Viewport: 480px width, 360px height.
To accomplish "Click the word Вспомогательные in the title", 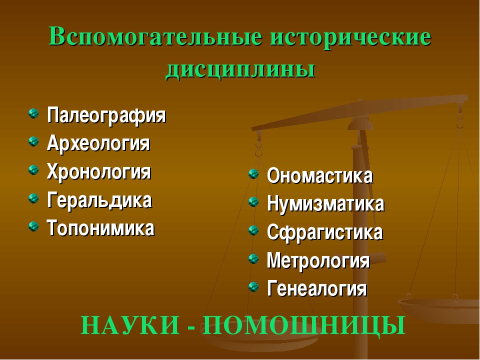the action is (x=155, y=36).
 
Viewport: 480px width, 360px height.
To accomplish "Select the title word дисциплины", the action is (x=240, y=70).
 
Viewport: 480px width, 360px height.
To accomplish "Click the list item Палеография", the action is (x=106, y=115).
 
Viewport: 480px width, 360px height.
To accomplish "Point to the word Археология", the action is (x=98, y=143).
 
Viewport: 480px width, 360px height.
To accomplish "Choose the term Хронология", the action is (x=99, y=171).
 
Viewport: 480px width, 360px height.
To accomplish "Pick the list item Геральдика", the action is (x=99, y=200).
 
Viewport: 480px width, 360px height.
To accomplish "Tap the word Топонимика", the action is (x=100, y=228).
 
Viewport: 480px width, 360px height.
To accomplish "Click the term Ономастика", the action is (x=320, y=175).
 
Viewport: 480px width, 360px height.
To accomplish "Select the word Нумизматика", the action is (x=325, y=203).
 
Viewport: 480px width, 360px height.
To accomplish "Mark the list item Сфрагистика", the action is (x=325, y=232).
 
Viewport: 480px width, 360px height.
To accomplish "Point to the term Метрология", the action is (x=318, y=261).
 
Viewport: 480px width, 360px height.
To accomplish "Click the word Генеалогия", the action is (x=317, y=288).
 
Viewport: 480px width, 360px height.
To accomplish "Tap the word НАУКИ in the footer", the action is (x=130, y=325).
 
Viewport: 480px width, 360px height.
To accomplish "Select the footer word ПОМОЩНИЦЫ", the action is (x=304, y=325).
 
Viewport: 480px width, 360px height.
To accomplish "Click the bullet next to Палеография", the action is (x=33, y=113).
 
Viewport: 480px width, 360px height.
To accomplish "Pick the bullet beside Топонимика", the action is (x=33, y=226).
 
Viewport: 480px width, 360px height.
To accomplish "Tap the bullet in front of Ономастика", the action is (x=253, y=174).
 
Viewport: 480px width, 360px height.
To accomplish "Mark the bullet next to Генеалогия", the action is (x=253, y=287).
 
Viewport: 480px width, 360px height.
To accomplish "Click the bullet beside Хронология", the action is (x=33, y=170).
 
